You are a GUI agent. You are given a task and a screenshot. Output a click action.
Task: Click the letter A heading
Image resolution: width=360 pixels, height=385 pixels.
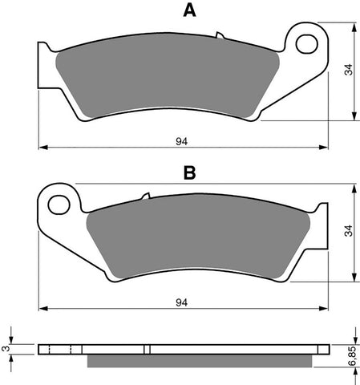click(189, 11)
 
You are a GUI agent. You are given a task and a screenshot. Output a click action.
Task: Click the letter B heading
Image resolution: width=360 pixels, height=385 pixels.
click(189, 172)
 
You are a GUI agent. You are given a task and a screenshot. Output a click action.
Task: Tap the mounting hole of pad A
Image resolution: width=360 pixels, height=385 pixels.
click(306, 44)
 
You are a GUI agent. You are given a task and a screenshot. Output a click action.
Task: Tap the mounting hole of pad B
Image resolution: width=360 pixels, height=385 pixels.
click(59, 205)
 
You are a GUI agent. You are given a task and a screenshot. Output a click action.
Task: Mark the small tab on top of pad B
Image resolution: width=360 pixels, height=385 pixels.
click(145, 197)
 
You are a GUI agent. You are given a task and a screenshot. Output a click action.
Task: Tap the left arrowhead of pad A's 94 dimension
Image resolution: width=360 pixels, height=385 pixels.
click(42, 148)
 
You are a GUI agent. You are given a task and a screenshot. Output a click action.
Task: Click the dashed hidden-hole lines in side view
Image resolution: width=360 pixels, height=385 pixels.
click(61, 349)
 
